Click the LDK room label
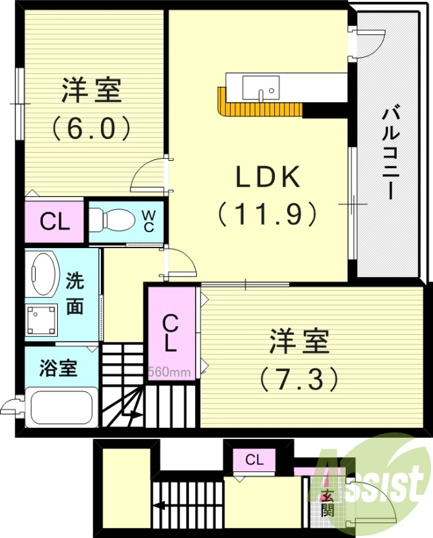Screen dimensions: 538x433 266,177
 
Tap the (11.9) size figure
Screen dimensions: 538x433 266,214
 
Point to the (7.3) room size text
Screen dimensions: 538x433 299,379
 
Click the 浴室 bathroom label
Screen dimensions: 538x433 58,368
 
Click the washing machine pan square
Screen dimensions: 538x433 42,320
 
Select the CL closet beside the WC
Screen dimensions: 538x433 54,221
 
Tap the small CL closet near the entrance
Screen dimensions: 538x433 254,460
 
